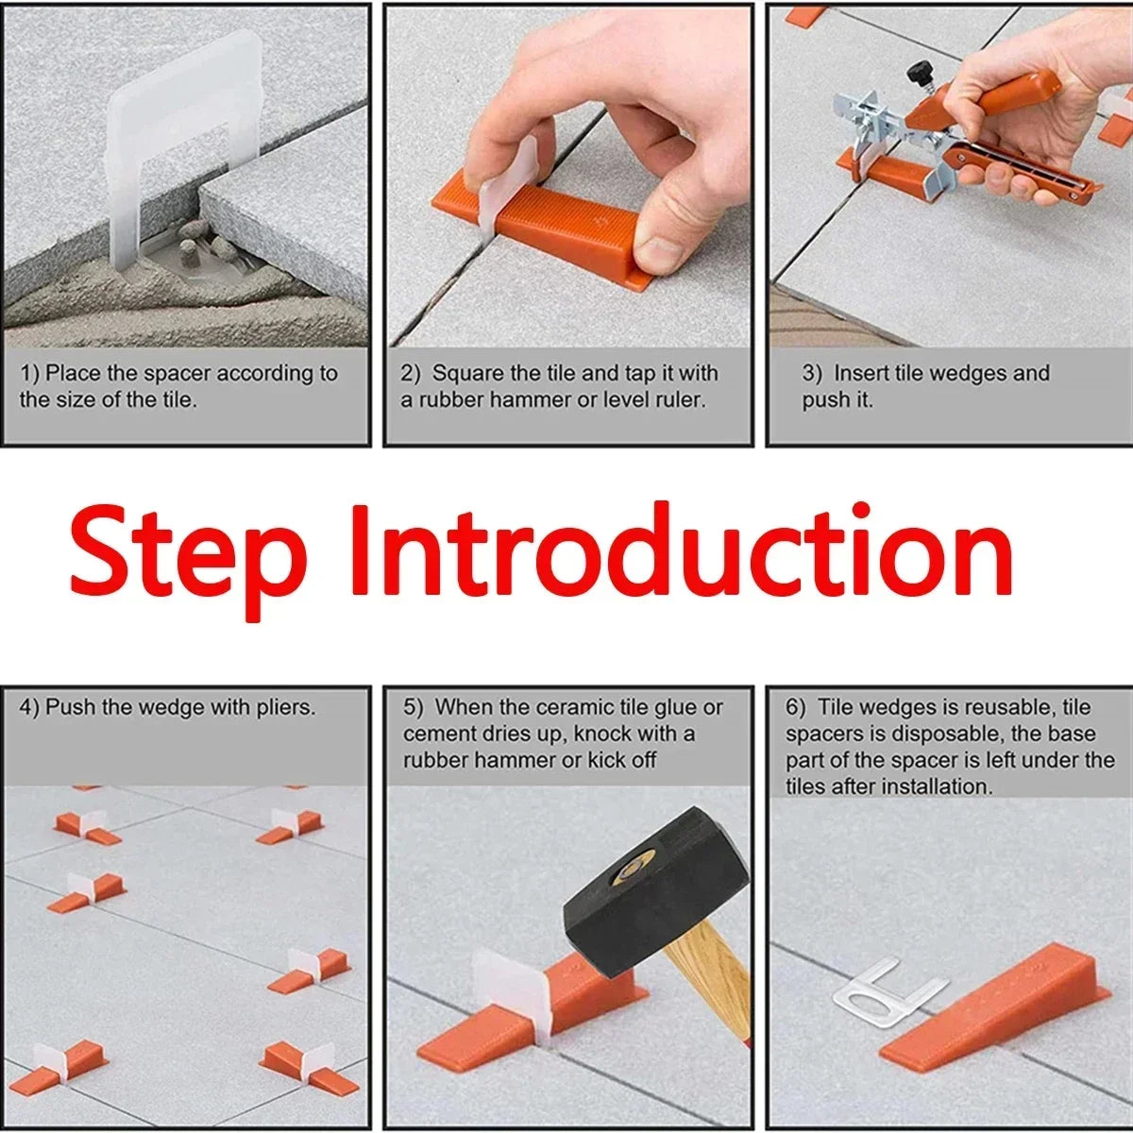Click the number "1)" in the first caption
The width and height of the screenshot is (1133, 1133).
pos(30,374)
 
